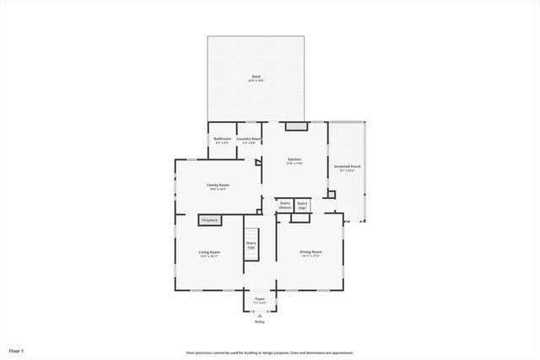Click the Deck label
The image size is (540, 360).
[255, 76]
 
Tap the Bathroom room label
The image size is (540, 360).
[222, 138]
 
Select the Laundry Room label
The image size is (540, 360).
[249, 138]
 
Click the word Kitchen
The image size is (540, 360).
[294, 159]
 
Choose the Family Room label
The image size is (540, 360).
[218, 185]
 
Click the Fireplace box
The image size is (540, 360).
[209, 220]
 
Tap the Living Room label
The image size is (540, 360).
[209, 252]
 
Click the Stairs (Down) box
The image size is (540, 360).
[285, 205]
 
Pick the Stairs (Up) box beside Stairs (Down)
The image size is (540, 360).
[302, 205]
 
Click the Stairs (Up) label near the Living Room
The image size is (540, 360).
[251, 245]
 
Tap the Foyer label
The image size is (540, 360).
[260, 298]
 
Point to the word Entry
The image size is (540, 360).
[260, 322]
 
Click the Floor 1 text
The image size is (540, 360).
[16, 350]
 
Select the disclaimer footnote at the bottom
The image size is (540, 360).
[270, 352]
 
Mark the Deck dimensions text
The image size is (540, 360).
[255, 81]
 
